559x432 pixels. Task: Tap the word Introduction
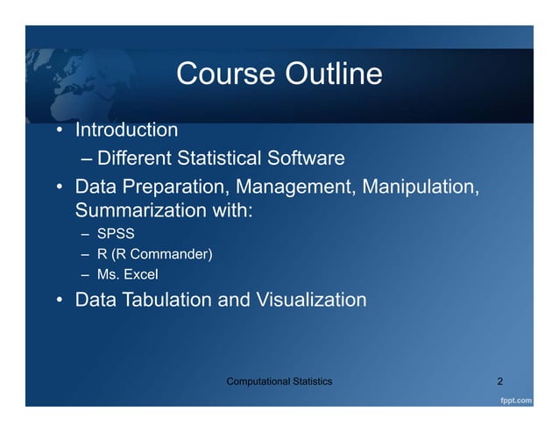[127, 131]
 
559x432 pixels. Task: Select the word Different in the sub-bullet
[135, 159]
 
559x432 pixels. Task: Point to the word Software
[303, 159]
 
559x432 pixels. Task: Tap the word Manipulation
[427, 188]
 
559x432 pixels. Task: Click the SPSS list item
[115, 235]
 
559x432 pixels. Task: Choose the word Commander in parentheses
[172, 255]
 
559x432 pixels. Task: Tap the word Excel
[141, 276]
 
